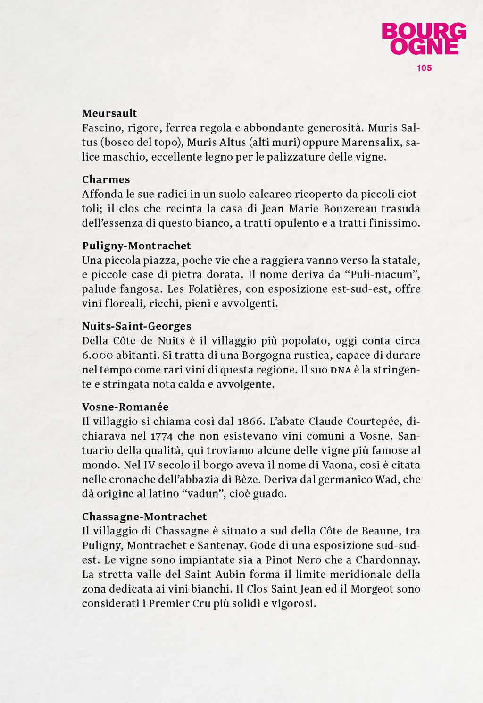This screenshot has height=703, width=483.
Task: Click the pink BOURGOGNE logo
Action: pyautogui.click(x=424, y=39)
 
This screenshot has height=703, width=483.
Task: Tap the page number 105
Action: pyautogui.click(x=424, y=68)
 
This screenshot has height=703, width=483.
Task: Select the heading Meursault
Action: pyautogui.click(x=109, y=113)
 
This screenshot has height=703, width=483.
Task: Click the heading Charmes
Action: pyautogui.click(x=106, y=180)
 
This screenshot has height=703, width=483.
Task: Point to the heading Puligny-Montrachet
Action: pyautogui.click(x=136, y=246)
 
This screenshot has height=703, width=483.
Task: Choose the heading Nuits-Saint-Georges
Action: pyautogui.click(x=136, y=326)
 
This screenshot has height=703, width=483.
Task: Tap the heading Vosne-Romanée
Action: pyautogui.click(x=125, y=407)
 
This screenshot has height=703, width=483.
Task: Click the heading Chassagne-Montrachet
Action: pyautogui.click(x=144, y=517)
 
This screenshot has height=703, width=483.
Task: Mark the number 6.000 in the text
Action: pyautogui.click(x=95, y=356)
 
